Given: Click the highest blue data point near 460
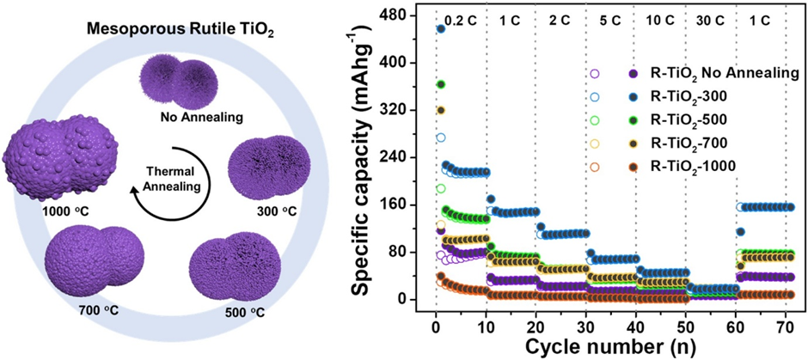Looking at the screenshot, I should pyautogui.click(x=441, y=28).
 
